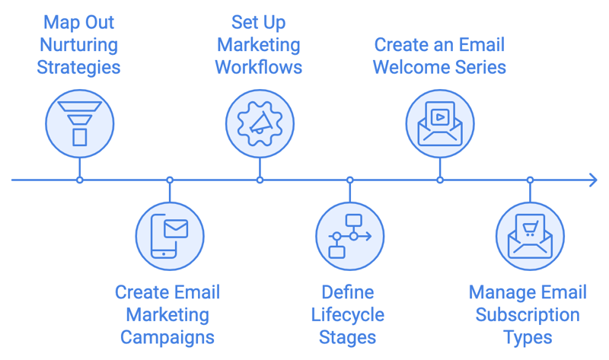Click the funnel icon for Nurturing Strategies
[80, 122]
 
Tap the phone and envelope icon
[170, 237]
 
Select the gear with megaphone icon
[260, 122]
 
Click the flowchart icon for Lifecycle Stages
[350, 237]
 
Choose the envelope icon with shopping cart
[530, 237]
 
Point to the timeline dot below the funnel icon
[80, 180]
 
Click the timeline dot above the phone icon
[170, 180]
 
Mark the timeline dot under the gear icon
[260, 180]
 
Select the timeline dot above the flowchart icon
[350, 180]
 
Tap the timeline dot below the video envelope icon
[440, 180]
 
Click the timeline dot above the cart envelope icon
[530, 180]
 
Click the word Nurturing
[80, 44]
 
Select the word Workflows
[259, 67]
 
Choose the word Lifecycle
[348, 315]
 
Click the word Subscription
[528, 315]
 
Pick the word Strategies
[80, 67]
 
